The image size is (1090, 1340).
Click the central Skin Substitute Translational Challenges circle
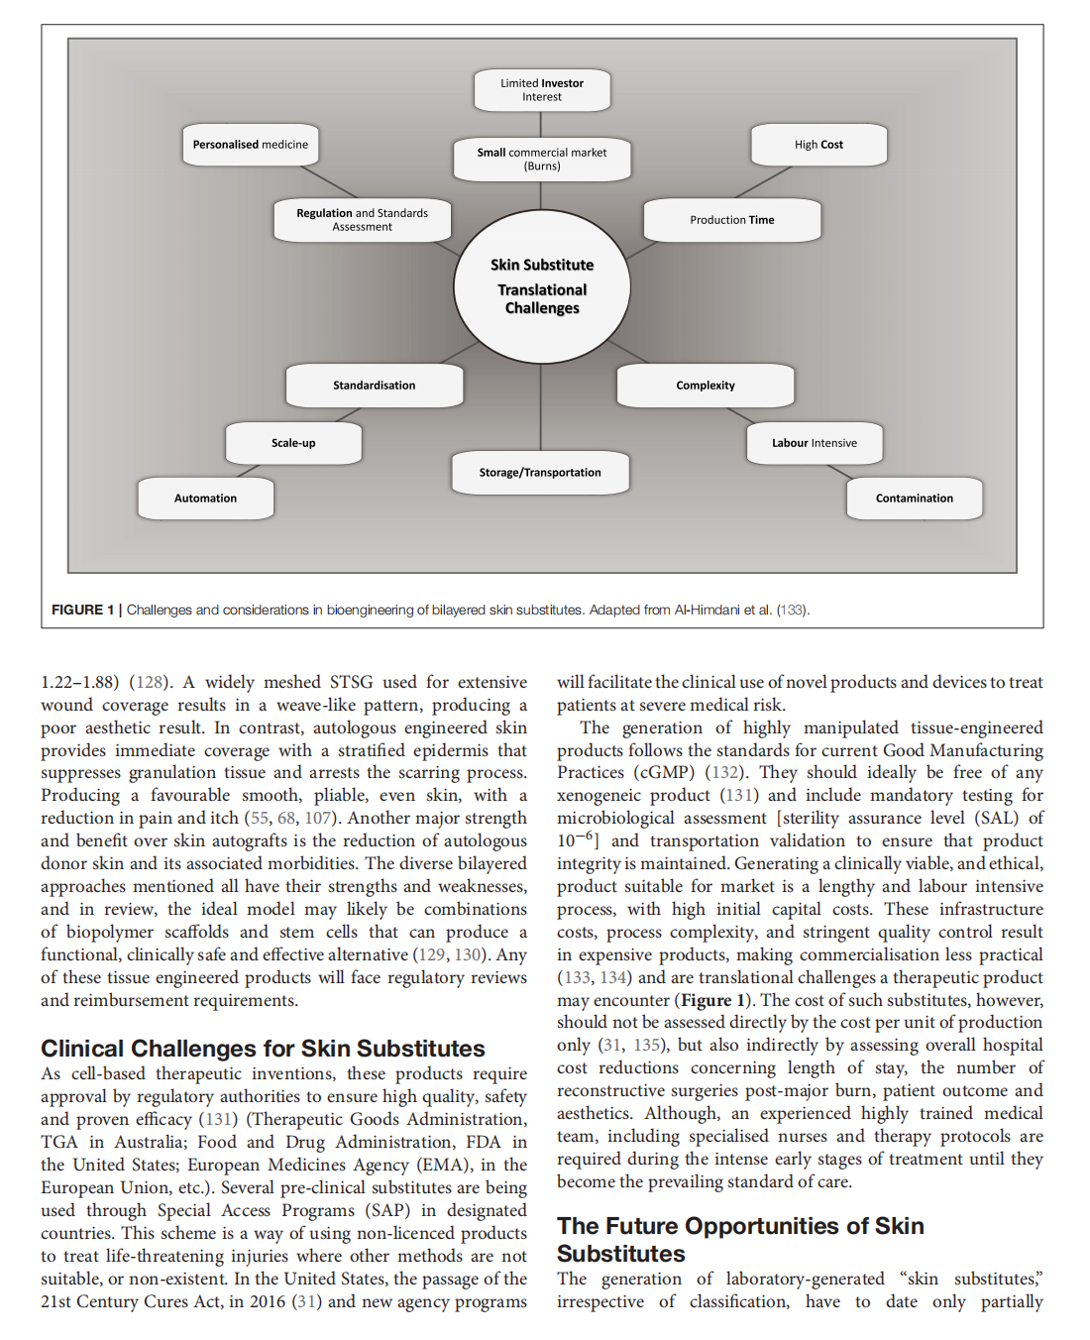click(x=542, y=286)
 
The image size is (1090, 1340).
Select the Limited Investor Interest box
click(x=541, y=90)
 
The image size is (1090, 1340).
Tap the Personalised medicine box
click(x=250, y=145)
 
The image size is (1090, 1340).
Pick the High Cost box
click(x=818, y=145)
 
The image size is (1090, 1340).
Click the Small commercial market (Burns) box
click(x=541, y=160)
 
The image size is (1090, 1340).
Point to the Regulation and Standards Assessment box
click(x=362, y=220)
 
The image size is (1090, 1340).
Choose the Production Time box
click(x=732, y=220)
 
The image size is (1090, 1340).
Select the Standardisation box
click(x=374, y=386)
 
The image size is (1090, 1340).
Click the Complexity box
click(x=706, y=386)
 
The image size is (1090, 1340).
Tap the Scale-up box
click(x=293, y=443)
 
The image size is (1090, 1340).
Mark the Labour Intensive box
click(x=814, y=443)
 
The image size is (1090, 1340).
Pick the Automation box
click(x=205, y=499)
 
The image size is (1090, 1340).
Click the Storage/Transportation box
click(x=540, y=473)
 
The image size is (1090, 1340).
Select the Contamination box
click(x=914, y=499)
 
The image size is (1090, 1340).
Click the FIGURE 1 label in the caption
click(x=82, y=610)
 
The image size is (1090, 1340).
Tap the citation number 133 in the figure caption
click(x=792, y=610)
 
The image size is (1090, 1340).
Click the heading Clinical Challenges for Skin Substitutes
click(x=263, y=1049)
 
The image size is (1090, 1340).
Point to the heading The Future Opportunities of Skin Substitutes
click(x=739, y=1239)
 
